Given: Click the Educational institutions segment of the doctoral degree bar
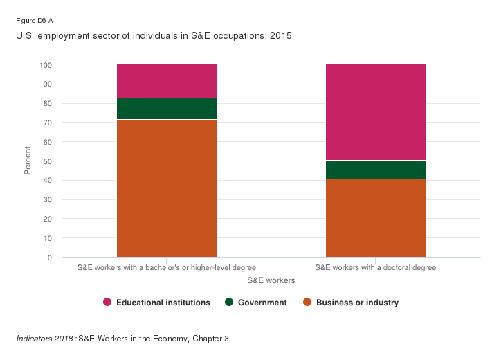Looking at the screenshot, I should coord(375,112).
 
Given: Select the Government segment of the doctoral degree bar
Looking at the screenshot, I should coord(375,170).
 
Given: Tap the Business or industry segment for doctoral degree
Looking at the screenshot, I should coord(375,218).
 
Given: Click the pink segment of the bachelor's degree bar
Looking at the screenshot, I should coord(166,81).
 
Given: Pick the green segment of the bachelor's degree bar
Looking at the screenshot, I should coord(166,109).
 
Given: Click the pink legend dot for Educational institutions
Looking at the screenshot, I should coord(107,303).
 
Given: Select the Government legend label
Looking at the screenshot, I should coord(262,303).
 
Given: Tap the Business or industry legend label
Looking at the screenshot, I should coord(357,303).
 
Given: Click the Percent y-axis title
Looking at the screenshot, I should coord(28,161).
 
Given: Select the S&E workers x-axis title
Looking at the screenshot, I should coord(271,281).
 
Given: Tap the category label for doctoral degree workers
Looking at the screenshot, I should coord(375,267).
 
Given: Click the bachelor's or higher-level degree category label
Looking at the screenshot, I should coord(166,267).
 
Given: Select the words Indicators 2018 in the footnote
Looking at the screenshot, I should coord(45,339).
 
